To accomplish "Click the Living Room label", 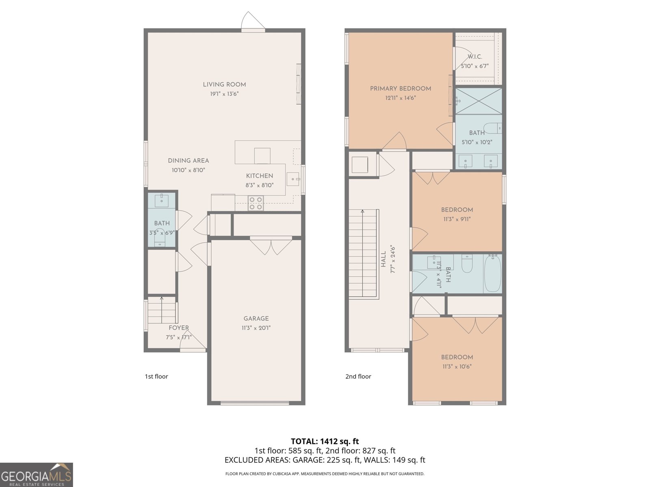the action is (224, 84).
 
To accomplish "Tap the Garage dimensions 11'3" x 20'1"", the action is (256, 328).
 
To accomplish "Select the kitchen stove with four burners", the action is (256, 203).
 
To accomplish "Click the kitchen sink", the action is (293, 179).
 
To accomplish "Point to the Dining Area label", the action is (188, 161).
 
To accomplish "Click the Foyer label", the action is (179, 328).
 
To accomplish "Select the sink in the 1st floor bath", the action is (162, 200).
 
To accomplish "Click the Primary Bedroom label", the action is (401, 89).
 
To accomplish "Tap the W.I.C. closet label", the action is (474, 56).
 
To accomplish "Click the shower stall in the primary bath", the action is (479, 101).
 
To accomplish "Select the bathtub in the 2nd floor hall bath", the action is (492, 273).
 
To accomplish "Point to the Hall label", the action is (384, 259).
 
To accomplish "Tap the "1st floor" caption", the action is (156, 377).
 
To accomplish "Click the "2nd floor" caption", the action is (358, 377).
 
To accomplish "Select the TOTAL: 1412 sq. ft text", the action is (325, 442).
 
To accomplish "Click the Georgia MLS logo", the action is (37, 474).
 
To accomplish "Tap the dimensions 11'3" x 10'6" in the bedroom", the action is (457, 366).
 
